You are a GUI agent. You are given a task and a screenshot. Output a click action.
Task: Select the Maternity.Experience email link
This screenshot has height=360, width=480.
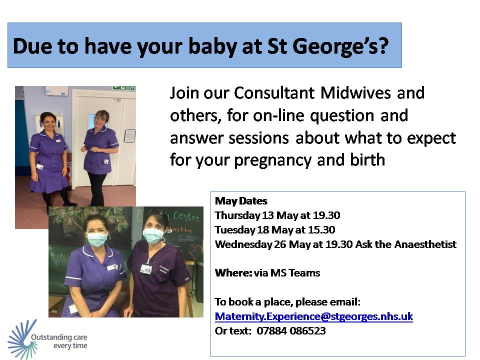[x=313, y=316]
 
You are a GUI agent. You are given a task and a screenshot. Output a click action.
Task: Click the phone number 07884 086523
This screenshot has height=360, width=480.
[x=291, y=330]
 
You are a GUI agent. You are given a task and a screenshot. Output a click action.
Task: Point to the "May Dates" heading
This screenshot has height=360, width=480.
[x=241, y=201]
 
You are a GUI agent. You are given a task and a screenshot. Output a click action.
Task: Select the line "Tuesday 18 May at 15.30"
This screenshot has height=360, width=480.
[x=275, y=230]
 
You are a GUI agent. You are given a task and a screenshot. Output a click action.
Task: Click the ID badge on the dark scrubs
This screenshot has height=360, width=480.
[x=146, y=268]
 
